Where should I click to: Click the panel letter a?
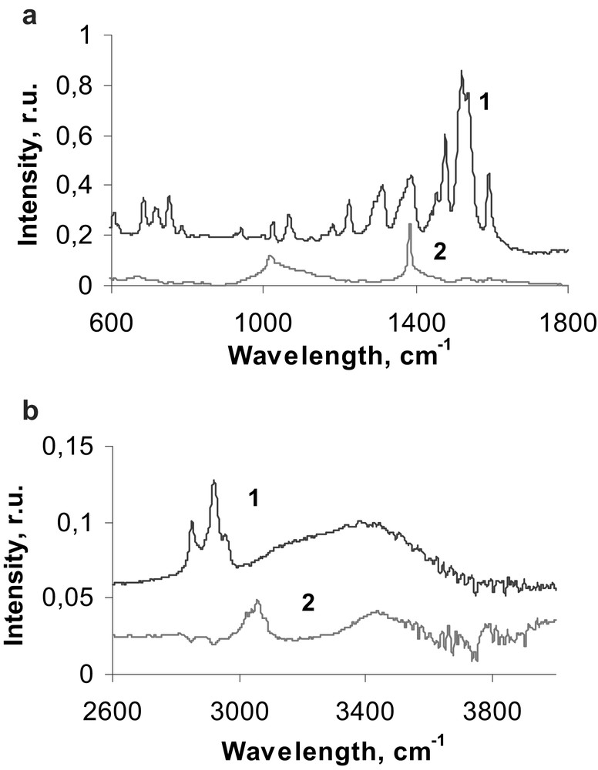31,15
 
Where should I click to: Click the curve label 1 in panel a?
485,103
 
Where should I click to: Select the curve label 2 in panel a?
440,252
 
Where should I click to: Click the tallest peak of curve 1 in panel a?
462,72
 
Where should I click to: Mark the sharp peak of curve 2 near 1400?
409,224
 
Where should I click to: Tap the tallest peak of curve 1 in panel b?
213,481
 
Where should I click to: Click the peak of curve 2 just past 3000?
257,601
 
